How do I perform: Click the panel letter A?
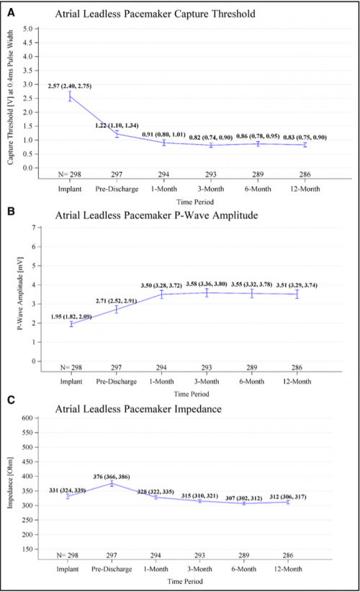(x=12, y=12)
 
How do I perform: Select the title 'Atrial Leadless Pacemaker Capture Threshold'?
(x=155, y=14)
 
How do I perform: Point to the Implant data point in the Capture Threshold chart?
(x=70, y=97)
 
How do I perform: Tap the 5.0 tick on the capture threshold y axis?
(x=28, y=29)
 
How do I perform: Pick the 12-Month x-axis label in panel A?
(x=305, y=189)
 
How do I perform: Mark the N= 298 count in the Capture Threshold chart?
(x=69, y=174)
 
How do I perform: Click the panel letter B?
(x=12, y=211)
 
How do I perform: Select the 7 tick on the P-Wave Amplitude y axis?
(x=34, y=228)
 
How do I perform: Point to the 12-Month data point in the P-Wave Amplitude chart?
(x=297, y=294)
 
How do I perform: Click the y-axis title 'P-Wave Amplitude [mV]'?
(x=20, y=294)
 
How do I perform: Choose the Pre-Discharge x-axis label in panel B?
(x=116, y=381)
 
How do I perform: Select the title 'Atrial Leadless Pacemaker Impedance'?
(x=138, y=409)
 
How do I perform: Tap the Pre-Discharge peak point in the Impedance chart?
(x=112, y=483)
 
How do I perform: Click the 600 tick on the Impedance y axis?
(x=27, y=418)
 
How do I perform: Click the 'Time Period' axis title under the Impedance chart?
(x=185, y=581)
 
